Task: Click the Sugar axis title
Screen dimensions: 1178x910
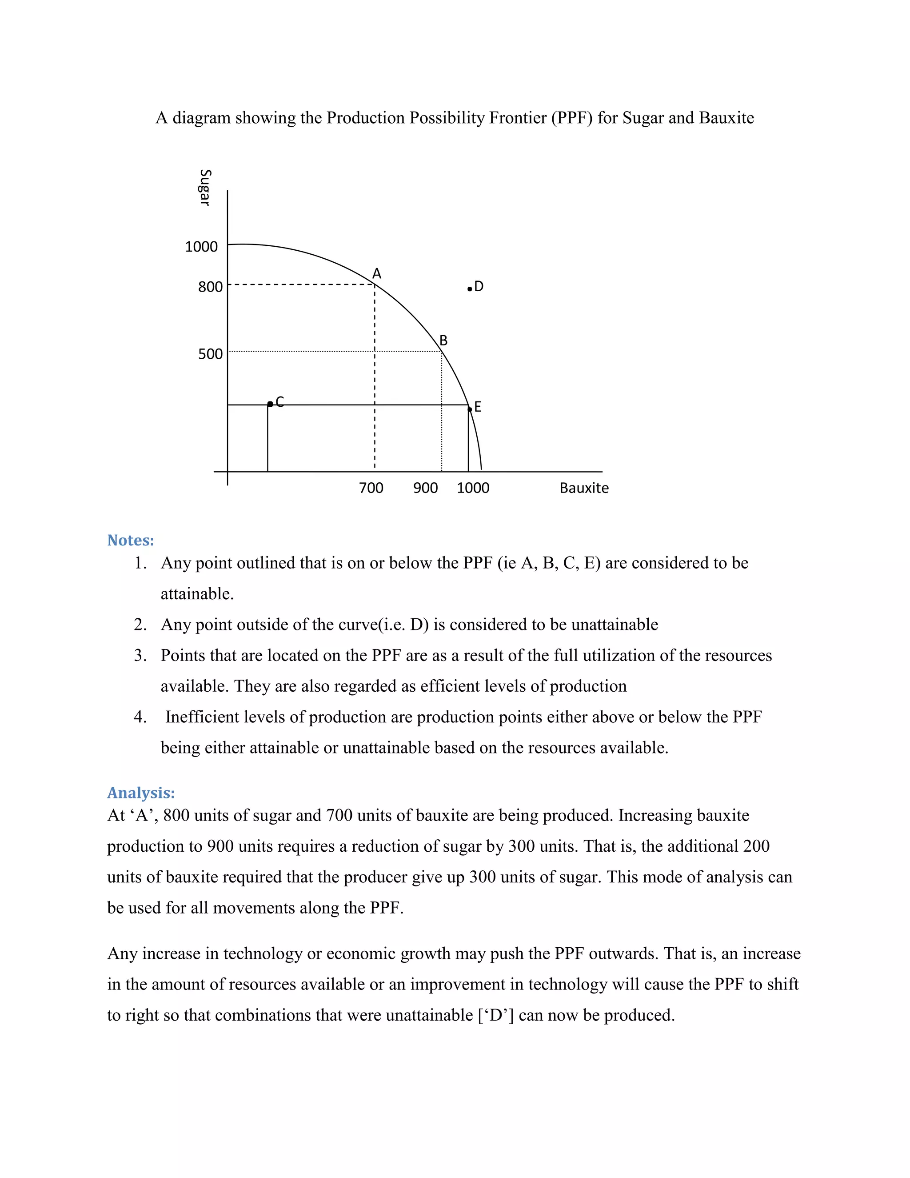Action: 205,188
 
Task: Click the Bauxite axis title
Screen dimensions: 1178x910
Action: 584,488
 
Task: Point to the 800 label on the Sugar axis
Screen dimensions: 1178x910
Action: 210,287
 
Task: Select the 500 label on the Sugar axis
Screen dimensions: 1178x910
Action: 210,354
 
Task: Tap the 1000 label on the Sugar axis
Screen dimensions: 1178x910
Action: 201,247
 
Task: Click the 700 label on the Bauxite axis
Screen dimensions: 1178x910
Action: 371,488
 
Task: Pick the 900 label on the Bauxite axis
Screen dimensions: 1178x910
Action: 425,488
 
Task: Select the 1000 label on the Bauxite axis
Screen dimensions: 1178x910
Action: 473,488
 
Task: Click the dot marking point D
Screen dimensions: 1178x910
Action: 470,289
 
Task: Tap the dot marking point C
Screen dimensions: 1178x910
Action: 270,404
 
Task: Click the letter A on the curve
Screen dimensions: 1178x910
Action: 377,274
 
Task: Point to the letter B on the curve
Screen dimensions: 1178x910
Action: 443,341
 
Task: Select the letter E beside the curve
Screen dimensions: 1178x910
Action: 477,407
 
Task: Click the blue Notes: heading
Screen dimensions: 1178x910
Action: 131,541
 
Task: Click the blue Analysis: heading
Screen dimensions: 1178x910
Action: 141,793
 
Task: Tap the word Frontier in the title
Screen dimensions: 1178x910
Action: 518,118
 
